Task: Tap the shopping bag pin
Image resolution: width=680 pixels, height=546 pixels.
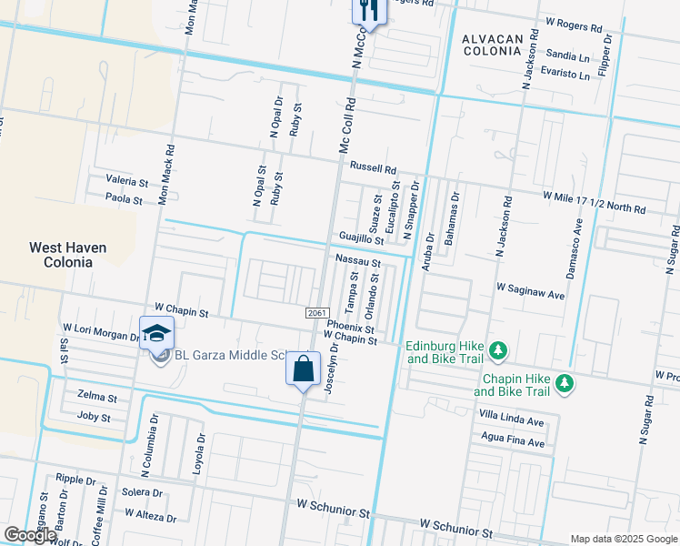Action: (x=304, y=369)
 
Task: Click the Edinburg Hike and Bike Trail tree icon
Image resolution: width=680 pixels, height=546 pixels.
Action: (x=497, y=350)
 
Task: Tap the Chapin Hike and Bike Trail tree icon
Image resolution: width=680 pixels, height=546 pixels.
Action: (x=565, y=383)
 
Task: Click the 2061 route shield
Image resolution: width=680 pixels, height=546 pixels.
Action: (x=316, y=312)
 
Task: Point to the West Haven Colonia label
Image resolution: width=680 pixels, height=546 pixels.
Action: (x=67, y=255)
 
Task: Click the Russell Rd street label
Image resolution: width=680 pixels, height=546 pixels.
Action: (x=374, y=169)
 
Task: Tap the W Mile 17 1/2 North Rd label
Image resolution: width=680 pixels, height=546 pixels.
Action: (x=594, y=202)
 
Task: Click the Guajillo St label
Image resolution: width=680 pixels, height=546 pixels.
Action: (x=361, y=238)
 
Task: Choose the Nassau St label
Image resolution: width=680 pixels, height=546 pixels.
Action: (x=357, y=260)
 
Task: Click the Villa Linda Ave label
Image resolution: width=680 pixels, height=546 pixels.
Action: (x=510, y=422)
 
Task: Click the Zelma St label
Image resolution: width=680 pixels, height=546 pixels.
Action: (x=97, y=399)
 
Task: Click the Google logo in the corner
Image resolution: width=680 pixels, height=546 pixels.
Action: (x=30, y=535)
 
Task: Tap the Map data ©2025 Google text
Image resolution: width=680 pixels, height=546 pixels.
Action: (x=623, y=539)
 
